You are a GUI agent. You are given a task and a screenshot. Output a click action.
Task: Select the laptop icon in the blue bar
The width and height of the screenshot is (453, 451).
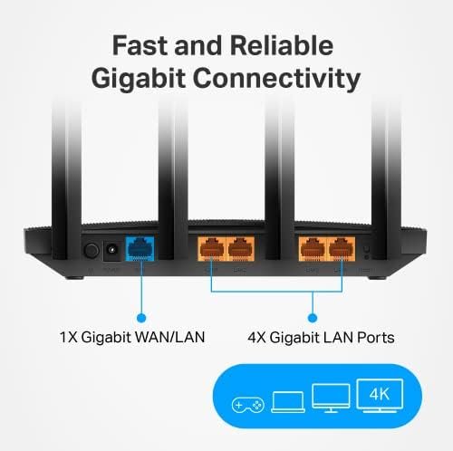tap(286, 402)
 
